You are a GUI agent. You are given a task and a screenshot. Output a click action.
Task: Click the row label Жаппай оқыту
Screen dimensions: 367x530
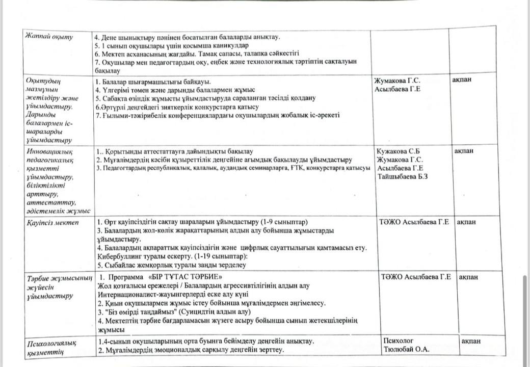(x=50, y=37)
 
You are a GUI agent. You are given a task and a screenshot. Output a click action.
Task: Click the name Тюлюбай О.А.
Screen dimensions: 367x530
(x=407, y=349)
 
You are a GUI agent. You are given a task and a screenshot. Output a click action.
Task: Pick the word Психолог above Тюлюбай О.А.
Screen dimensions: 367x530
(x=399, y=340)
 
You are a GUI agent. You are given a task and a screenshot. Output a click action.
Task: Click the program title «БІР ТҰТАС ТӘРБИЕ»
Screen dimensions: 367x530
(x=184, y=277)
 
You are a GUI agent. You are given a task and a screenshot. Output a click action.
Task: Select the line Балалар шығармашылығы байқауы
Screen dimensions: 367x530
(x=153, y=82)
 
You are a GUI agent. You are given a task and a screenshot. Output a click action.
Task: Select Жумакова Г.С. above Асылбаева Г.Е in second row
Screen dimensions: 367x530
(x=397, y=81)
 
